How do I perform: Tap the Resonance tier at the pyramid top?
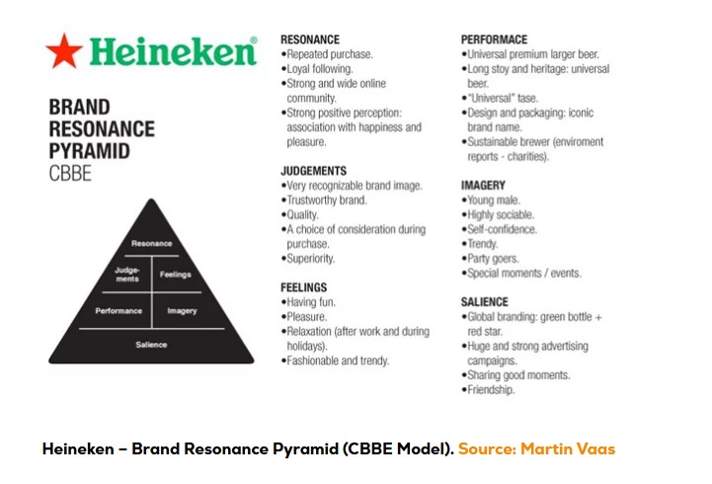pos(151,243)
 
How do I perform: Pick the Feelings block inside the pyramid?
pos(175,275)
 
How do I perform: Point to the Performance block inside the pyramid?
pos(119,310)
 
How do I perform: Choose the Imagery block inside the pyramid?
pos(182,310)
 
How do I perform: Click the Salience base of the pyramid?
pos(151,345)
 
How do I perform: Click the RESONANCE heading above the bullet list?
pos(310,40)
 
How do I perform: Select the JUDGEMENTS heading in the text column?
pos(313,171)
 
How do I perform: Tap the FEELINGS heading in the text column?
pos(304,287)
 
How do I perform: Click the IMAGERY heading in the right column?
pos(483,185)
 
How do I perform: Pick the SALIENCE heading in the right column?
pos(485,302)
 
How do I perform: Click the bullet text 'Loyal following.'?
pos(319,69)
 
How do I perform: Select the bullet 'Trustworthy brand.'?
pos(326,201)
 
